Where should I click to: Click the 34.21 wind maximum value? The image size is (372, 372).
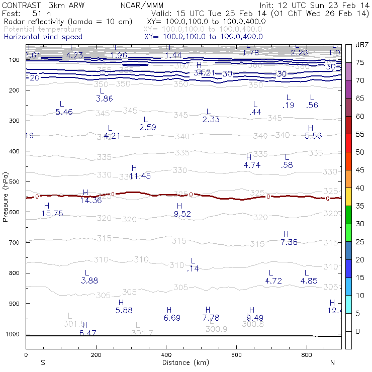[x=204, y=73]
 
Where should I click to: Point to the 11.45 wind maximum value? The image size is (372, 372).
[x=140, y=176]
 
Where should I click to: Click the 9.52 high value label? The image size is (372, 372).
[x=182, y=214]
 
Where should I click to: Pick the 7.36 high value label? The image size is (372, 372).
[x=289, y=242]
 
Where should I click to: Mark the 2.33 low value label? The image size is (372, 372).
[x=211, y=120]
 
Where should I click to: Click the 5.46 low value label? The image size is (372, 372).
[x=64, y=112]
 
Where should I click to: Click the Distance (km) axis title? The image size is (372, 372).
[x=185, y=362]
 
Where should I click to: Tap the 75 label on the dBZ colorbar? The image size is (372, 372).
[x=360, y=62]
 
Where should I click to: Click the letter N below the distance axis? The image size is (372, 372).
[x=332, y=362]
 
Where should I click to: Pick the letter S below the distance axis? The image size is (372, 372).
[x=43, y=362]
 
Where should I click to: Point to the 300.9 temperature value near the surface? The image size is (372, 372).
[x=216, y=329]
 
